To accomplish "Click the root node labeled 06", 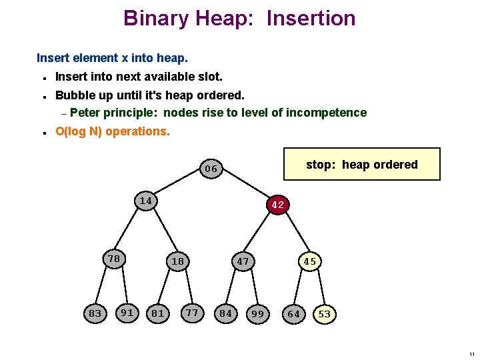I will tap(211, 169).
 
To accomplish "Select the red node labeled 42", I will tap(278, 205).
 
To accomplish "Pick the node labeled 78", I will tap(114, 259).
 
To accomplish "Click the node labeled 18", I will tap(177, 261).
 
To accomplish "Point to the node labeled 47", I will tap(243, 261).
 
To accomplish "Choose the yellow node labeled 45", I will tap(310, 261).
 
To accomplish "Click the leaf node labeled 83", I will tap(95, 313).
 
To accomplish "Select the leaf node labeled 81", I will tap(158, 313).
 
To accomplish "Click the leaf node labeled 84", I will tap(226, 313).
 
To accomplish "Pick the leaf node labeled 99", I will tap(258, 313).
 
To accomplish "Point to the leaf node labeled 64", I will tap(293, 313).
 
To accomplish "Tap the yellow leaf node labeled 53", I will tap(325, 313).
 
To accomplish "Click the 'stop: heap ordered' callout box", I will tap(361, 165).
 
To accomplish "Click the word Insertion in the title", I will tap(311, 18).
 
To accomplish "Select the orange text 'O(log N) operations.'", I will tap(113, 131).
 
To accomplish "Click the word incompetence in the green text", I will tap(326, 113).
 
